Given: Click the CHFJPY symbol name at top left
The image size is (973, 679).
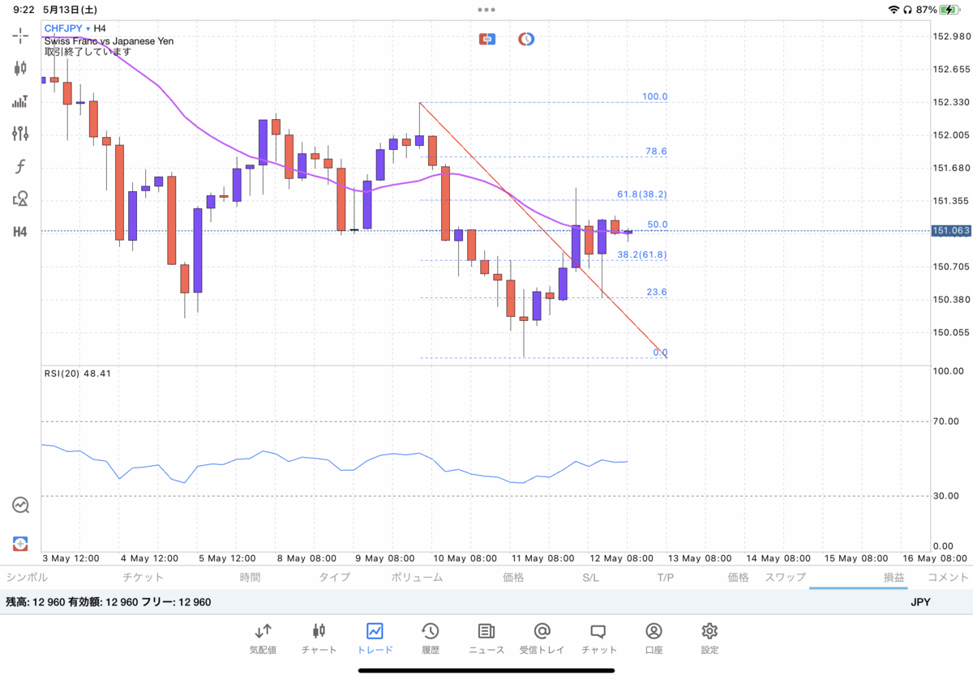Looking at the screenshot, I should (x=63, y=28).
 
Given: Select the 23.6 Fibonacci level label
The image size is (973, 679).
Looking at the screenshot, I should (x=657, y=293).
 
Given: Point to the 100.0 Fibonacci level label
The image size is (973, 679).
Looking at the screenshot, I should (x=654, y=97).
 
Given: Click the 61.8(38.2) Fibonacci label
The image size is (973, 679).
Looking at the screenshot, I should (x=642, y=194).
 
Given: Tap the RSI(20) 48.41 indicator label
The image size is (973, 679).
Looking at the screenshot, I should (x=78, y=374).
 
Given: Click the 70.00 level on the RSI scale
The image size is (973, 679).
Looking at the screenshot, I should (x=946, y=421).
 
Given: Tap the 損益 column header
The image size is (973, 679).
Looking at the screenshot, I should (x=894, y=578).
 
